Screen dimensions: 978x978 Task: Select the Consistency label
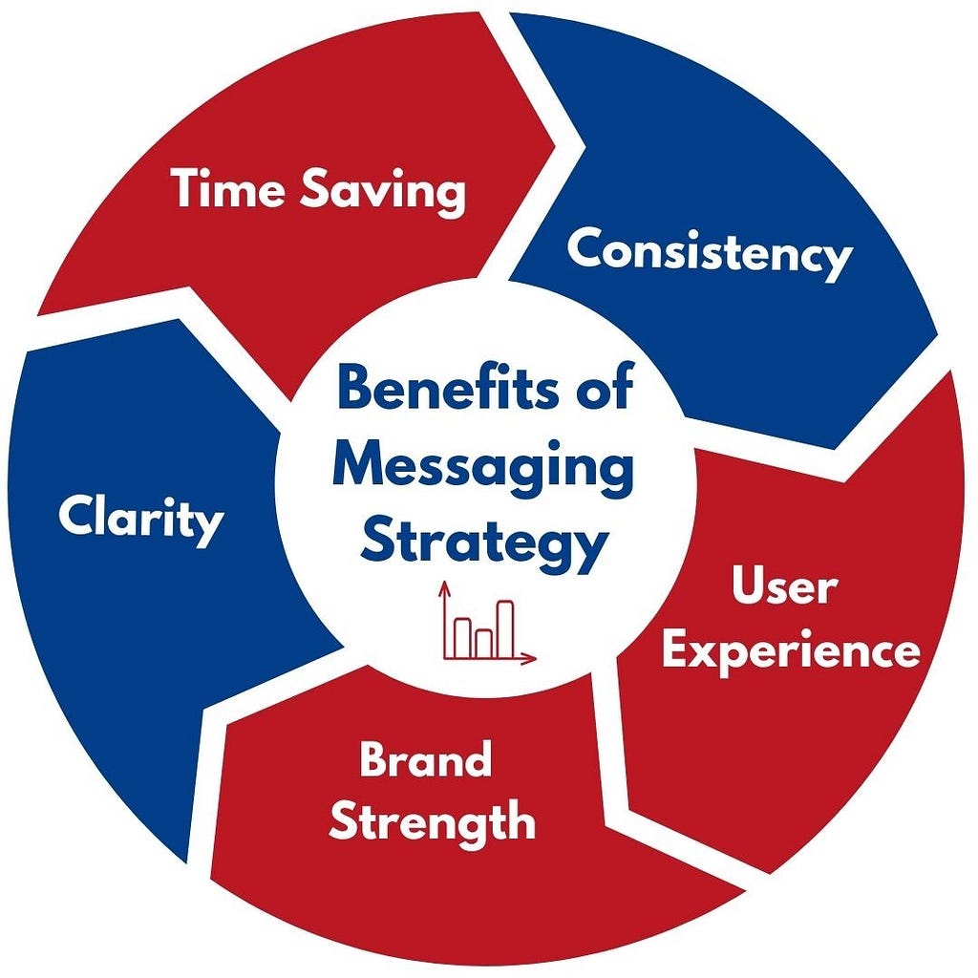click(x=709, y=253)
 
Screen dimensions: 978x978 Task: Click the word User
click(x=783, y=587)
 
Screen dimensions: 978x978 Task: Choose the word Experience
click(x=792, y=652)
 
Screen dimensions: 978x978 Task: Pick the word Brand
click(x=426, y=760)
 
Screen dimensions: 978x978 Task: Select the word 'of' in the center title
click(x=605, y=391)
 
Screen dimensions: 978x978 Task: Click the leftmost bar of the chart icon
click(x=463, y=637)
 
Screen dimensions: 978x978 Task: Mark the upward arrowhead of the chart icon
click(x=444, y=590)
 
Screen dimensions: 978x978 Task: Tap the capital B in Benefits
click(x=355, y=391)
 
